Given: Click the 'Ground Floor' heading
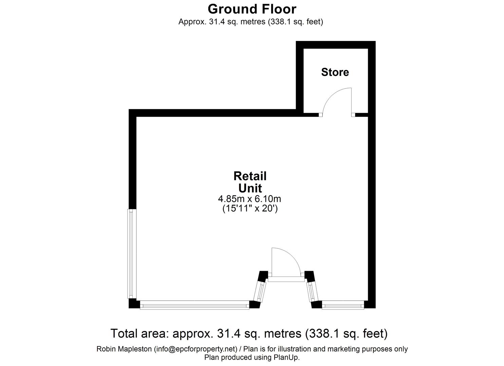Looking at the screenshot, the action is click(252, 9).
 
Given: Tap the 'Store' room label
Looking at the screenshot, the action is click(335, 72).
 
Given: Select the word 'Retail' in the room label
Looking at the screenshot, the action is click(250, 176).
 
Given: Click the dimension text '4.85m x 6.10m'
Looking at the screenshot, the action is click(249, 199).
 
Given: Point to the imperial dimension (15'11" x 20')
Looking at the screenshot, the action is click(250, 209).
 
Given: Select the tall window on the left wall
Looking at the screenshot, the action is click(132, 254).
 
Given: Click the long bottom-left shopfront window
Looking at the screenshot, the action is click(194, 305).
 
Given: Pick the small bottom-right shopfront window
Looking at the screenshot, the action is click(343, 305).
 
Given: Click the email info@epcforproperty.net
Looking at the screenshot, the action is click(195, 349).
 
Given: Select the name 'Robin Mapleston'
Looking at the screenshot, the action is click(124, 349).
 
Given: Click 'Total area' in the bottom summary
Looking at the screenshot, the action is click(139, 333).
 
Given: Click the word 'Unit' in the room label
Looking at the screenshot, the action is click(250, 188).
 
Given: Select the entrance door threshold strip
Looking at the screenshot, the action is click(286, 279).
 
